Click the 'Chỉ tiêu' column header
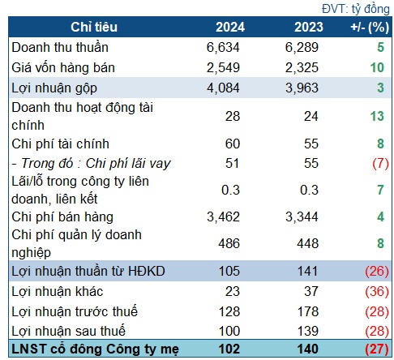pos(94,27)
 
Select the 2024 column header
pos(230,27)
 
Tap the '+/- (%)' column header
pos(370,28)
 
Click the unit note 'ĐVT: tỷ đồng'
pos(356,9)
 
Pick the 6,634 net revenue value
pos(223,47)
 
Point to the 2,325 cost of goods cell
pos(302,67)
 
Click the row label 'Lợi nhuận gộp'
pos(54,88)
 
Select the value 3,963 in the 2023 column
pos(302,88)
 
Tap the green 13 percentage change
pos(377,116)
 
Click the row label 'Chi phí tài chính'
pos(60,144)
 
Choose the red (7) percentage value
pos(380,164)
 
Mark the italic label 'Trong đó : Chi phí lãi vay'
pos(96,164)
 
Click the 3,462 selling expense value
pos(223,216)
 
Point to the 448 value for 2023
pos(308,243)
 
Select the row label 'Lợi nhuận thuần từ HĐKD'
pos(88,271)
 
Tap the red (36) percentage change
pos(377,291)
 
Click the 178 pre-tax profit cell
pos(308,311)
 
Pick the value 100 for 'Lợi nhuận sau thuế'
pos(229,331)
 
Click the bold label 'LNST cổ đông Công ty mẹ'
pos(95,349)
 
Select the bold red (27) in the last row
pos(377,349)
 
